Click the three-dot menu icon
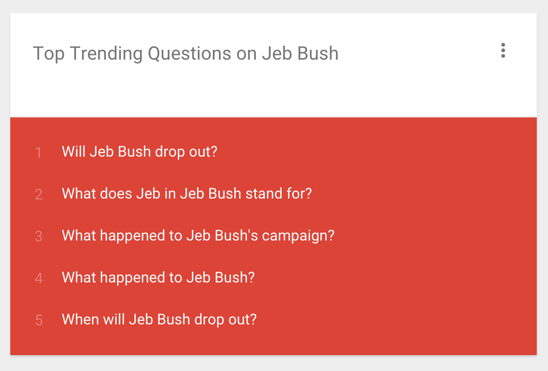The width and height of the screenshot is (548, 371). tap(503, 51)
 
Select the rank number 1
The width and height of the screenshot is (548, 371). tap(38, 152)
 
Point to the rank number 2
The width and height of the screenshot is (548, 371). tap(39, 194)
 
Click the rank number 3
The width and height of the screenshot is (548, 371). tap(39, 236)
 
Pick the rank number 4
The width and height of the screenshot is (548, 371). tap(39, 278)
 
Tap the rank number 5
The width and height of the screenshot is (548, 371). tap(39, 320)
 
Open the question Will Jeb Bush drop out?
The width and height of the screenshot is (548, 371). tap(140, 151)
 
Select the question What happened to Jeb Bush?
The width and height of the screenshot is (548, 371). tap(158, 277)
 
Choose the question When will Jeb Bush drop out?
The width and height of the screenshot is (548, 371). tap(159, 319)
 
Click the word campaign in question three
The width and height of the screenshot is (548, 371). tap(298, 236)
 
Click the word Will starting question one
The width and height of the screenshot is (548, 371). tap(73, 151)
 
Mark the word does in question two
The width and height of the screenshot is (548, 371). tap(116, 193)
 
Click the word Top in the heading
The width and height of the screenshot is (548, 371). tap(49, 54)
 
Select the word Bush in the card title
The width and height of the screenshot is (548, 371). tap(317, 54)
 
